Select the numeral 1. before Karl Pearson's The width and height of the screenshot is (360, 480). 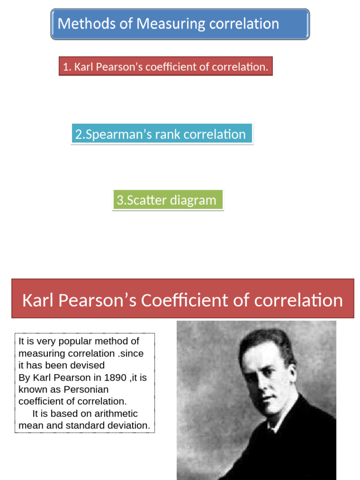pos(67,67)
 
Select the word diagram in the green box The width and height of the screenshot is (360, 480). pos(193,201)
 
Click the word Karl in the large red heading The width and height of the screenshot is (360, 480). pos(38,300)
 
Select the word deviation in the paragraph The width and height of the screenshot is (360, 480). pos(127,426)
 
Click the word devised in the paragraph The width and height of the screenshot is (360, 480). pos(89,365)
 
